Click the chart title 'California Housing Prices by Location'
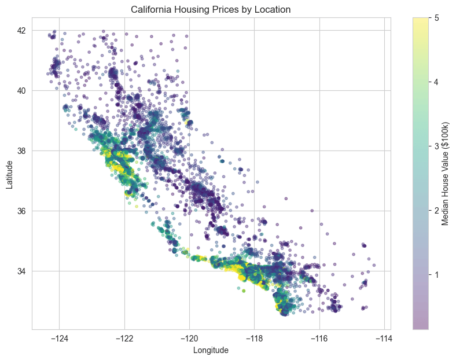211,9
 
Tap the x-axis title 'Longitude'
211,350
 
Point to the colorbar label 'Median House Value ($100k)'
446,174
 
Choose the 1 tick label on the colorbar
436,274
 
